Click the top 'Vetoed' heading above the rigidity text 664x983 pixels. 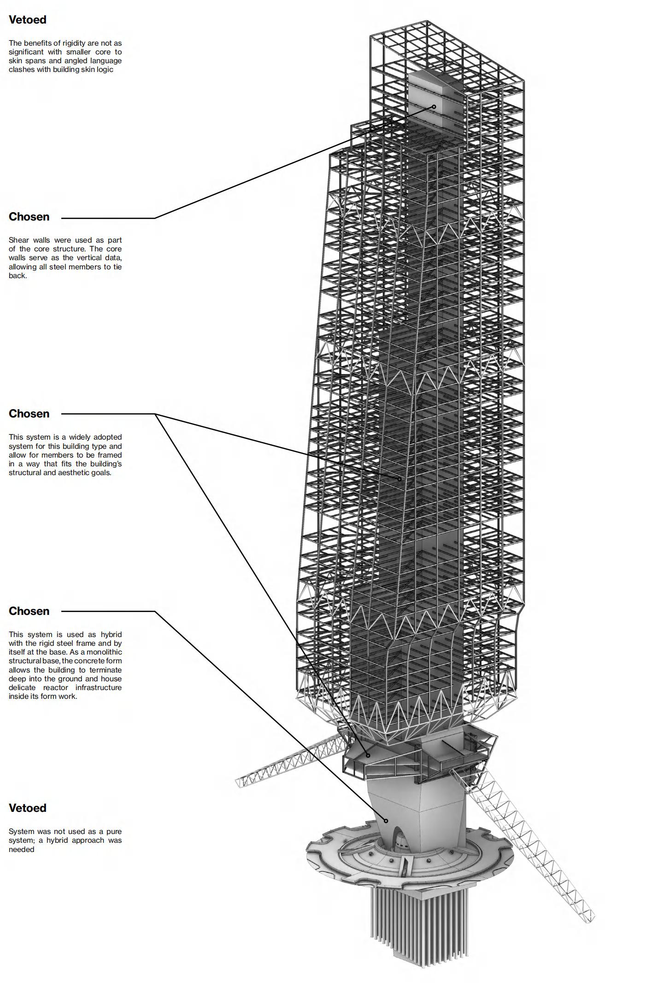click(28, 20)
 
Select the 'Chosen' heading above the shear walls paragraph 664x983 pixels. click(29, 217)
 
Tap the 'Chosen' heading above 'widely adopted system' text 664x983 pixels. click(29, 414)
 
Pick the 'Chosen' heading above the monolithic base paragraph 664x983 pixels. click(29, 611)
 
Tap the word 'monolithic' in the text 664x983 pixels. click(105, 652)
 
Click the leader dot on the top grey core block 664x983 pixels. click(434, 107)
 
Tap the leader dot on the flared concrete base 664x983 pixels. click(387, 821)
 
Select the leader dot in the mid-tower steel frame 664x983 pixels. click(400, 479)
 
